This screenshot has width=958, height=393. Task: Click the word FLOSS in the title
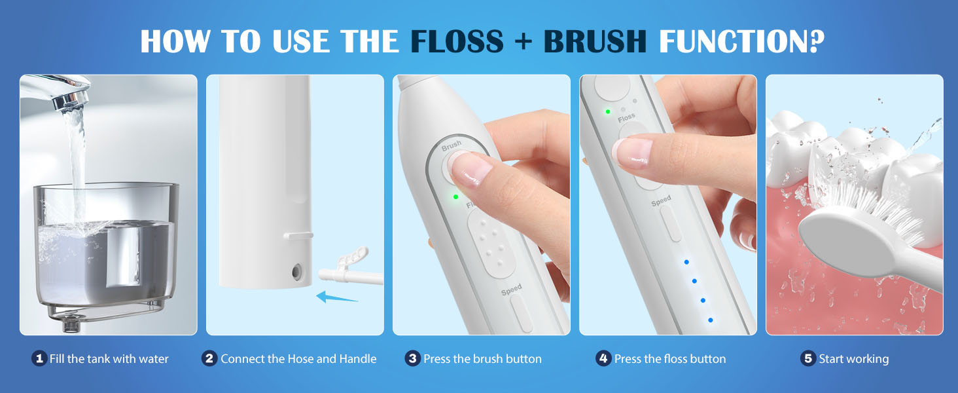click(456, 41)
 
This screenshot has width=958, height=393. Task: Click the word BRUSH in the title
click(595, 41)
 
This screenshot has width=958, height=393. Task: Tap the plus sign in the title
click(523, 41)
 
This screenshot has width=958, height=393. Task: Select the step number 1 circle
click(39, 358)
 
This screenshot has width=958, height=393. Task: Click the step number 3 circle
click(412, 358)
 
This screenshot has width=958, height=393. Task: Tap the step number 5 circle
click(808, 358)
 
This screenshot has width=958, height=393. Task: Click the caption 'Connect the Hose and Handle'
click(298, 358)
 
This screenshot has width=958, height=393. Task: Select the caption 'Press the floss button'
click(670, 358)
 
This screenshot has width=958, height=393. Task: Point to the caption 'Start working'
click(853, 358)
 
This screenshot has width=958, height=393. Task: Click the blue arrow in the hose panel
click(337, 297)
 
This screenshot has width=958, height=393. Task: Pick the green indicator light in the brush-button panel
click(455, 196)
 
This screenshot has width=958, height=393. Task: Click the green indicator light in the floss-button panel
click(608, 112)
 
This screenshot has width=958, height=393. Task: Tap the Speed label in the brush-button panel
click(511, 289)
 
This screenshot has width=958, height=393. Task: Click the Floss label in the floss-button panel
click(626, 117)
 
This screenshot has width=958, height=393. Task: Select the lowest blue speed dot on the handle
click(710, 320)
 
